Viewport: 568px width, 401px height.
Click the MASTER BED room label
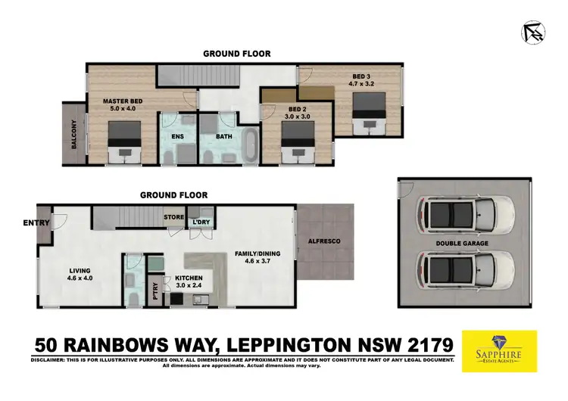click(x=123, y=101)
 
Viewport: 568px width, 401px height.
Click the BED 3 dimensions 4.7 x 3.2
click(x=360, y=85)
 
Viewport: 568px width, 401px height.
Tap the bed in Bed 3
click(x=371, y=113)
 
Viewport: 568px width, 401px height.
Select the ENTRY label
click(x=36, y=222)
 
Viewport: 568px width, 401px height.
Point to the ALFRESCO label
click(x=324, y=241)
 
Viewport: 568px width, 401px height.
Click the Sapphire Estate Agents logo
click(x=499, y=351)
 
